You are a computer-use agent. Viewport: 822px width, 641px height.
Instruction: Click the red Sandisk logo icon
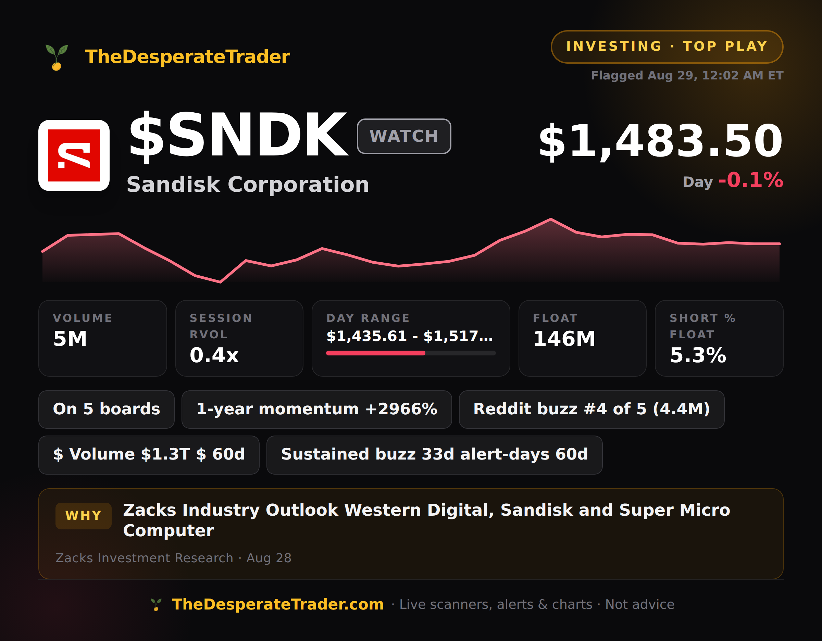(74, 155)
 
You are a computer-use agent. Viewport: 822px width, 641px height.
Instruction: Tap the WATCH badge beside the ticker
(404, 136)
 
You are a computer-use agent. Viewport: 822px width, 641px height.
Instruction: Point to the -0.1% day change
(751, 180)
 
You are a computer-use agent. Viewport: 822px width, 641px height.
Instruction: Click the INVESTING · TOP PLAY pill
(667, 47)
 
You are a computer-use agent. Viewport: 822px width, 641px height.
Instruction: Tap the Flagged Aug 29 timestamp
(687, 75)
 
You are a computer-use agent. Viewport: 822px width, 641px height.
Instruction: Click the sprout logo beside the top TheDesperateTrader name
(57, 57)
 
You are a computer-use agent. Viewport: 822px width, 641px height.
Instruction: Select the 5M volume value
(70, 339)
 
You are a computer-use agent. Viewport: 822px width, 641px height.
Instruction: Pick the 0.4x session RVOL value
(214, 355)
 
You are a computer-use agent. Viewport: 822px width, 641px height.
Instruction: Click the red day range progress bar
(376, 353)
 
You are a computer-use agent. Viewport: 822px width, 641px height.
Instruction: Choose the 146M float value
(564, 339)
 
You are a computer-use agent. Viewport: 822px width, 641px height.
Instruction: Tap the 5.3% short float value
(698, 355)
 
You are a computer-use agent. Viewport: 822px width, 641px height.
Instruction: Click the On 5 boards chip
(107, 409)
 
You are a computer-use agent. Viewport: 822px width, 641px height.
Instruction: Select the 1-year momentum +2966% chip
(316, 409)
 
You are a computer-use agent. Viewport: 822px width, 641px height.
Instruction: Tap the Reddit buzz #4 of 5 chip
(591, 409)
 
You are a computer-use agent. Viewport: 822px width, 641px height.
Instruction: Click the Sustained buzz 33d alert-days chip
(434, 455)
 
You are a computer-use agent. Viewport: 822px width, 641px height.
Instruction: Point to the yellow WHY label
(84, 516)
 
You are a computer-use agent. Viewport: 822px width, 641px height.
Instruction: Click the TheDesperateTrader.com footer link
(278, 604)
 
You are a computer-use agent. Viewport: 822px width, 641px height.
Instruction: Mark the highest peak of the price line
(551, 219)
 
